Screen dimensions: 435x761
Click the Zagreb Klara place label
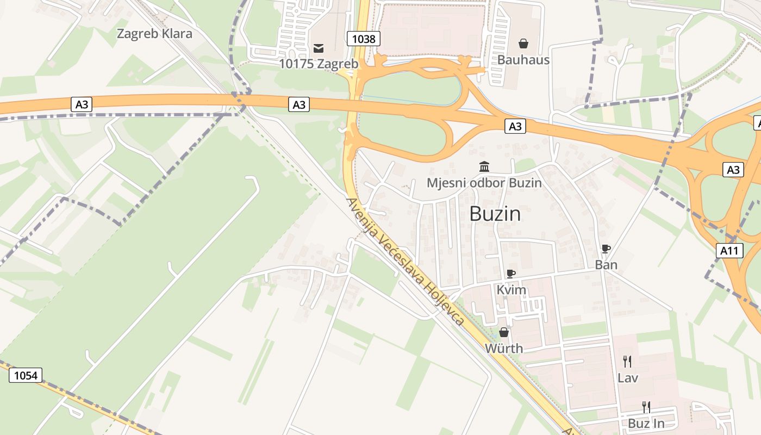pos(154,34)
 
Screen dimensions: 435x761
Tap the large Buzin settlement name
pos(495,214)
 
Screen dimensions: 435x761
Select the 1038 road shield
pos(364,39)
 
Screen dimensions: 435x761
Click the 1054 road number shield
pos(26,375)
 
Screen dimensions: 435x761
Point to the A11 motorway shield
pos(729,251)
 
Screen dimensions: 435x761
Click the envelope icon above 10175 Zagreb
pos(319,48)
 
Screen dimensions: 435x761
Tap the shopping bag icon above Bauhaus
pos(523,43)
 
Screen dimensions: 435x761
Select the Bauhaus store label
pos(523,60)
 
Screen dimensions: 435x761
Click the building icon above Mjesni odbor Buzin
pos(484,166)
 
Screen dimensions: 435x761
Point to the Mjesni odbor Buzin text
pos(484,183)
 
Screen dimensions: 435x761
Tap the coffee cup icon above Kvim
pos(511,274)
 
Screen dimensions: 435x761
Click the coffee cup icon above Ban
pos(606,249)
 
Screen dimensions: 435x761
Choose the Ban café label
pos(606,265)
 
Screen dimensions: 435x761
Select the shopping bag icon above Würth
pos(504,332)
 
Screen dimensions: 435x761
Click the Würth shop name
pos(504,349)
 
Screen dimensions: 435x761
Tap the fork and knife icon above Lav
pos(627,361)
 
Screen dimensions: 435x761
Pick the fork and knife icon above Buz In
pos(646,407)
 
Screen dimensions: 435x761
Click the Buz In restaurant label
pos(646,423)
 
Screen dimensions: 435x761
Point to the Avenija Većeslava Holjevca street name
pos(406,262)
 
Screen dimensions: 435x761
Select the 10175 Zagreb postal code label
pos(319,64)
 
